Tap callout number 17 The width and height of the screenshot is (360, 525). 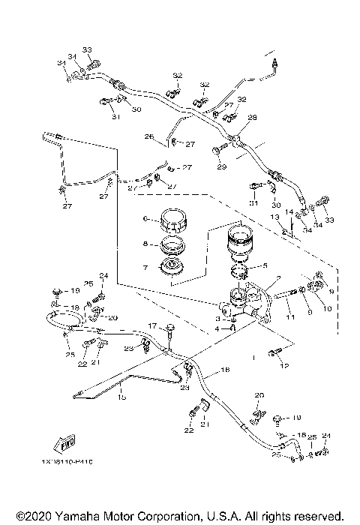point(151,326)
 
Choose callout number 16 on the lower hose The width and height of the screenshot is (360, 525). point(223,370)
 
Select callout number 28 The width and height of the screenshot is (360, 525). point(253,117)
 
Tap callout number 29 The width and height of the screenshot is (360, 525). point(229,106)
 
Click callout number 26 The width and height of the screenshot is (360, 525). point(148,136)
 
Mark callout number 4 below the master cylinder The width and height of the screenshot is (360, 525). point(217,328)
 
